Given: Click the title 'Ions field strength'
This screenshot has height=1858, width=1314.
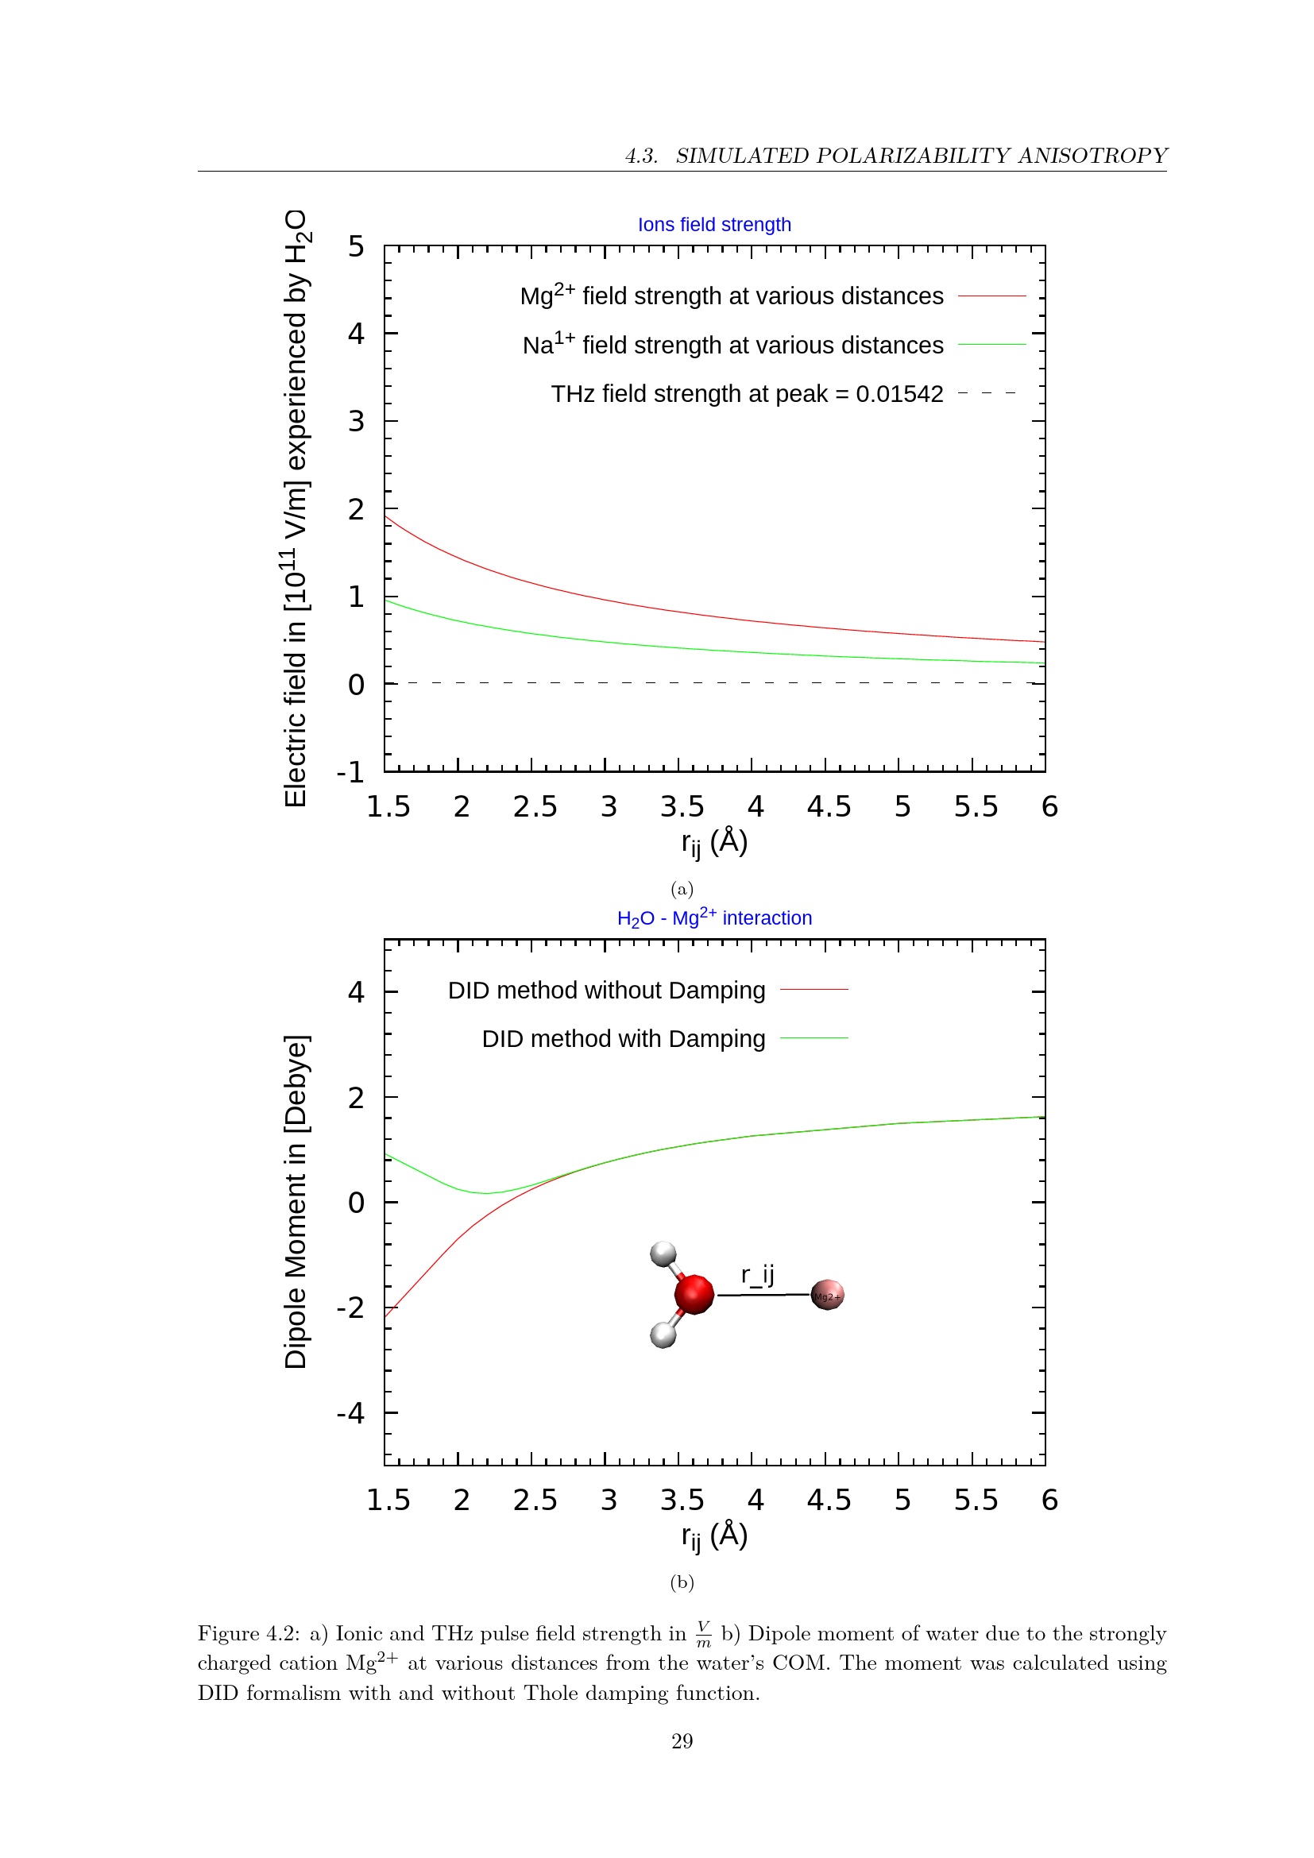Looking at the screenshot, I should (713, 224).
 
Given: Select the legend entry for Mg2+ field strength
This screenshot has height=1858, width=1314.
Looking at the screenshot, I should (732, 296).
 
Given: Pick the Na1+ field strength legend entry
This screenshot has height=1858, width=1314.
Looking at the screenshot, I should (733, 345).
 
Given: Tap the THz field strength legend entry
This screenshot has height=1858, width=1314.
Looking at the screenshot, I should (747, 393).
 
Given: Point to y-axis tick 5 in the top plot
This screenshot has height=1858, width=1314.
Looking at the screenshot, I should (356, 246).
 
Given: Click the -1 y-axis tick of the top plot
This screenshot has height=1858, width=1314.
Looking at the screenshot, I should (351, 772).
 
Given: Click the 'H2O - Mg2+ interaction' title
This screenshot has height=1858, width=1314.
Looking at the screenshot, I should (713, 917).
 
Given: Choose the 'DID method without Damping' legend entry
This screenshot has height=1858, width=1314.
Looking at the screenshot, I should (606, 990).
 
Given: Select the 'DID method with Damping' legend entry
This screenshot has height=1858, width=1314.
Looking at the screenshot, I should (623, 1038).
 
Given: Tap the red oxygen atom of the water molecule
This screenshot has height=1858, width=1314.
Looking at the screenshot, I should (694, 1293).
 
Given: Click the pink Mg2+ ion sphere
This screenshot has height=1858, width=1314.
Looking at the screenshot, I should (827, 1295).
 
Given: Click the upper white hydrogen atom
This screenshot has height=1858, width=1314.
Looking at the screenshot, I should (663, 1254).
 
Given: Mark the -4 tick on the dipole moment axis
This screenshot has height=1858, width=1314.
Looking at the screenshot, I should (351, 1413).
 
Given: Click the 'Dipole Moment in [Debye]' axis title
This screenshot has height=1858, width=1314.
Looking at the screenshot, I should (296, 1202).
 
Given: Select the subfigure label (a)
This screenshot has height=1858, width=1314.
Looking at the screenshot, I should (682, 889).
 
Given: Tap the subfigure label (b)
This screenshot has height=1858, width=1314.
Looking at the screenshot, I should (682, 1582).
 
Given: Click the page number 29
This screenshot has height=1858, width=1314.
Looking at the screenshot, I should (682, 1740).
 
